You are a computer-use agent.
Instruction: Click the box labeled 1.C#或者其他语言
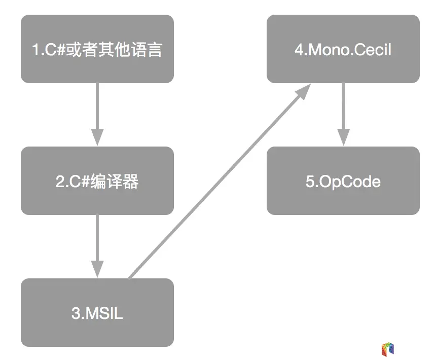(x=97, y=49)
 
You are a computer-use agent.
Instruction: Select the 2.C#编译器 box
(x=97, y=181)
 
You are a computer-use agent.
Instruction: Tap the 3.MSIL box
(x=97, y=312)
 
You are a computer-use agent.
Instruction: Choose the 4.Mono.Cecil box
(x=343, y=49)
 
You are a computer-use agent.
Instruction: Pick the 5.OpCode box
(x=343, y=181)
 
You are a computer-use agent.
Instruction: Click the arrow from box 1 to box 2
(x=97, y=114)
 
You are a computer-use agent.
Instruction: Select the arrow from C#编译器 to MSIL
(x=97, y=246)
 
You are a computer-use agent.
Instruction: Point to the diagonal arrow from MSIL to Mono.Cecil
(x=218, y=183)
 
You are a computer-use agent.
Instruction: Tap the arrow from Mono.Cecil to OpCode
(x=343, y=114)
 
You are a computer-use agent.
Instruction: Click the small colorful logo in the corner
(x=387, y=349)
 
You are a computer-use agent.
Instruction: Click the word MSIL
(x=104, y=313)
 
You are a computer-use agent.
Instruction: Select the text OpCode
(x=350, y=182)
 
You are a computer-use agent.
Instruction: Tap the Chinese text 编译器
(x=115, y=182)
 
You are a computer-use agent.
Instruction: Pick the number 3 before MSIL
(x=76, y=313)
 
